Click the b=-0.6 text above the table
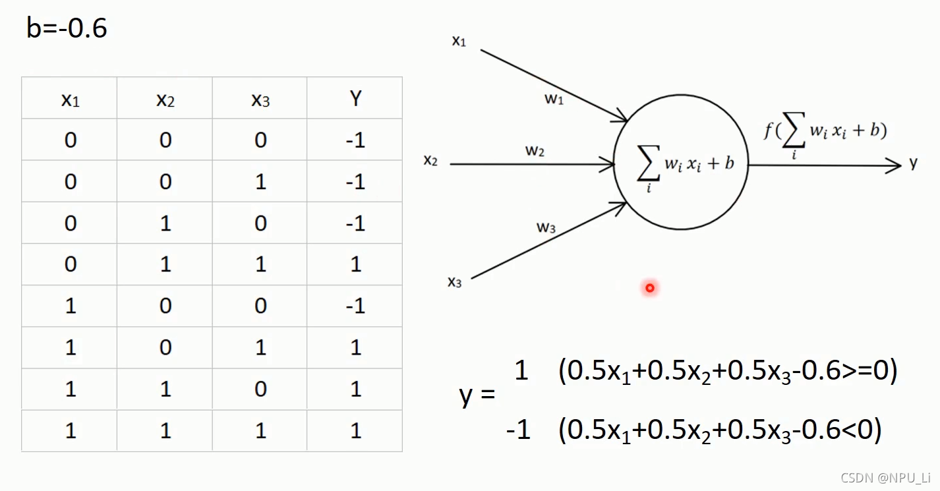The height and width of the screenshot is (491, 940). pyautogui.click(x=67, y=28)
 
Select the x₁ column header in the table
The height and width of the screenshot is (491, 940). pyautogui.click(x=70, y=100)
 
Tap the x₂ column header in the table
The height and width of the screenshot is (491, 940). pyautogui.click(x=165, y=100)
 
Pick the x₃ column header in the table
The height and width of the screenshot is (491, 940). pyautogui.click(x=260, y=100)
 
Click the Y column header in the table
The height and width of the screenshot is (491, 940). pyautogui.click(x=355, y=99)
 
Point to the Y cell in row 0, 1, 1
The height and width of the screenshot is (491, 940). pyautogui.click(x=355, y=265)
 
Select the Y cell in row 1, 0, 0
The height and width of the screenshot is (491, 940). pyautogui.click(x=355, y=306)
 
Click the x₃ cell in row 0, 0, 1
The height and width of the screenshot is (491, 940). pyautogui.click(x=260, y=182)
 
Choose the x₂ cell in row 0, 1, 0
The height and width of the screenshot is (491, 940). pyautogui.click(x=165, y=223)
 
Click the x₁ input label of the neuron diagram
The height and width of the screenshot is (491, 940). pyautogui.click(x=459, y=42)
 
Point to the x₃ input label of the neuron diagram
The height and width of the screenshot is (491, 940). pyautogui.click(x=455, y=282)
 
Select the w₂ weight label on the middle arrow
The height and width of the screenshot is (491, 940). pyautogui.click(x=535, y=151)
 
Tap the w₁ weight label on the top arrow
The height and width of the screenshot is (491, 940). pyautogui.click(x=554, y=100)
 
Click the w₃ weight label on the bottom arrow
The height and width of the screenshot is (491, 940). pyautogui.click(x=546, y=228)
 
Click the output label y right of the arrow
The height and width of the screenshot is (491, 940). pyautogui.click(x=913, y=163)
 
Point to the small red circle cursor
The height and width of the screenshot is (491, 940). pyautogui.click(x=650, y=288)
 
